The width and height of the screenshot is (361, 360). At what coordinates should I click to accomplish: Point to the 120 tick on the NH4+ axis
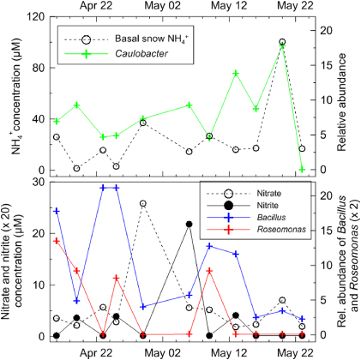(33, 16)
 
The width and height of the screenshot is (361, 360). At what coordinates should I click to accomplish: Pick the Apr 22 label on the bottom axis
(97, 351)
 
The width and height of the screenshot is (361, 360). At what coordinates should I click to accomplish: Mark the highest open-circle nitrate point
(142, 204)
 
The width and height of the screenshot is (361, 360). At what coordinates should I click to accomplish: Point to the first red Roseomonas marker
(57, 241)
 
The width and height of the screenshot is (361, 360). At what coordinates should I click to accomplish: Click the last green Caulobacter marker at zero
(302, 170)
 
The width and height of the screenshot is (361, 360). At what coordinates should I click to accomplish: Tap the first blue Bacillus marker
(57, 211)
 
